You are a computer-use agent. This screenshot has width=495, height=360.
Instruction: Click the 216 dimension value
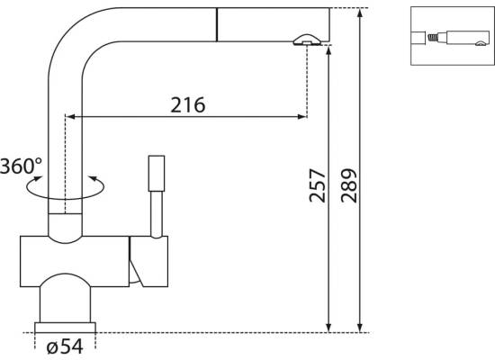click(x=188, y=104)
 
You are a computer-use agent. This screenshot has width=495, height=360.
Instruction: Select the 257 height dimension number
click(x=317, y=185)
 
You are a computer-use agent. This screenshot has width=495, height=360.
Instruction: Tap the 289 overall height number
click(x=349, y=185)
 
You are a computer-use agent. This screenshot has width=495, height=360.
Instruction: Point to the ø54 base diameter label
click(x=65, y=346)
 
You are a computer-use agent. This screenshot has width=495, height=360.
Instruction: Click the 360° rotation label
click(x=21, y=166)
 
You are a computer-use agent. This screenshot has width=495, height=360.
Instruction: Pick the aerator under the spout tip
click(x=307, y=40)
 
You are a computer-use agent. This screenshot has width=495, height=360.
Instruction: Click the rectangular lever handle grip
click(x=157, y=174)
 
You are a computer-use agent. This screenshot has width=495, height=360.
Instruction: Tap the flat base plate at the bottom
click(x=65, y=328)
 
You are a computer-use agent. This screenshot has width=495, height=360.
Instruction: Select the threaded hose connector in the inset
click(x=433, y=38)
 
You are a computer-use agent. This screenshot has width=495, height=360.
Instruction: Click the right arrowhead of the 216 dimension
click(x=301, y=117)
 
